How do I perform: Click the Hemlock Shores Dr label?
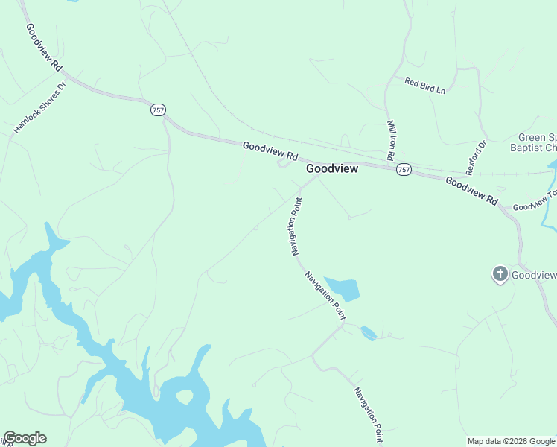39,108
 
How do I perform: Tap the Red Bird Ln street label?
424,86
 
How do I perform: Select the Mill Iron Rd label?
390,140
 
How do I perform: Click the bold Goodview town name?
332,169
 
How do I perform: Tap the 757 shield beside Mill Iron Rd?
404,170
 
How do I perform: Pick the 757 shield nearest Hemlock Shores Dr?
157,110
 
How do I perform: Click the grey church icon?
500,275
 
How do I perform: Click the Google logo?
25,438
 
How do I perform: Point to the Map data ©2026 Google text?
511,441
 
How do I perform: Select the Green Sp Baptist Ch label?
537,143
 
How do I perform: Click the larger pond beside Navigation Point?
344,288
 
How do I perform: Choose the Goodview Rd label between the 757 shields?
270,152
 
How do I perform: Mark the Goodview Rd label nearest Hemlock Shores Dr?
44,48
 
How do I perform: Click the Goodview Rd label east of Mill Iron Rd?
471,191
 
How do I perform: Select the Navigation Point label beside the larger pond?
325,296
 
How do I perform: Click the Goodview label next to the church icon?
535,275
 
